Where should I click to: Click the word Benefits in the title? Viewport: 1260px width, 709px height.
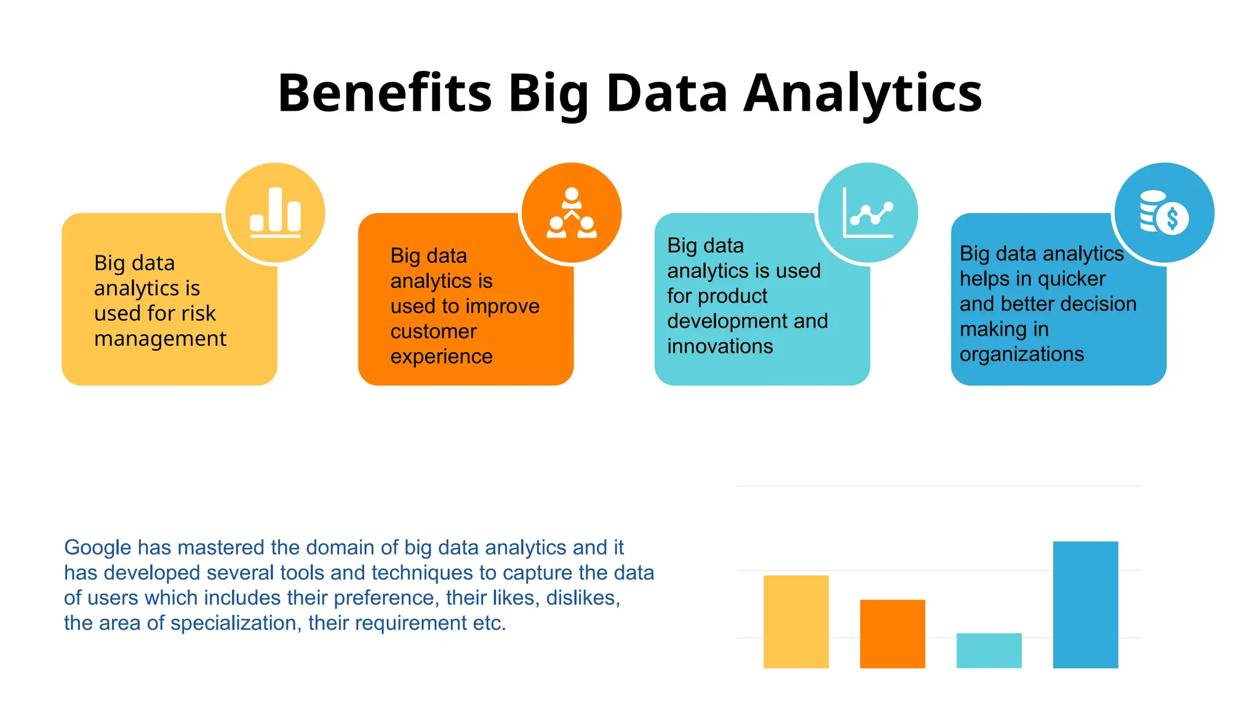pyautogui.click(x=385, y=93)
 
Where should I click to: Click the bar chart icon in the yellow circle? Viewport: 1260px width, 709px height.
pyautogui.click(x=275, y=212)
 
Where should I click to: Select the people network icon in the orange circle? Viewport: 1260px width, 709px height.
pyautogui.click(x=572, y=213)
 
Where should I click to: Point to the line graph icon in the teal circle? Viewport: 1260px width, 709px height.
pyautogui.click(x=868, y=213)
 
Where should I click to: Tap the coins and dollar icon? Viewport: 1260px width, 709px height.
pyautogui.click(x=1164, y=212)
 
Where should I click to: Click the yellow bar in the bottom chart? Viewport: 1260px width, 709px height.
pyautogui.click(x=795, y=622)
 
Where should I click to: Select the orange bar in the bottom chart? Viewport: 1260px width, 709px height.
pyautogui.click(x=892, y=633)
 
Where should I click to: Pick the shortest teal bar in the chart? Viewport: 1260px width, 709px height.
pyautogui.click(x=989, y=650)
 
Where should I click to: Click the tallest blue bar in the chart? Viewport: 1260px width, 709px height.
pyautogui.click(x=1085, y=604)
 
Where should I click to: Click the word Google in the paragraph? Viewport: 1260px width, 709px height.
pyautogui.click(x=98, y=547)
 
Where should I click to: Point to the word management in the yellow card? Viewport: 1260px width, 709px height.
pyautogui.click(x=160, y=338)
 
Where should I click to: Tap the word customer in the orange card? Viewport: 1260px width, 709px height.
pyautogui.click(x=433, y=331)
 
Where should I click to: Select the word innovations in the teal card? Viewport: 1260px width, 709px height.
pyautogui.click(x=720, y=346)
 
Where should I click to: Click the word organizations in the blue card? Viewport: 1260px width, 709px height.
pyautogui.click(x=1021, y=354)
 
